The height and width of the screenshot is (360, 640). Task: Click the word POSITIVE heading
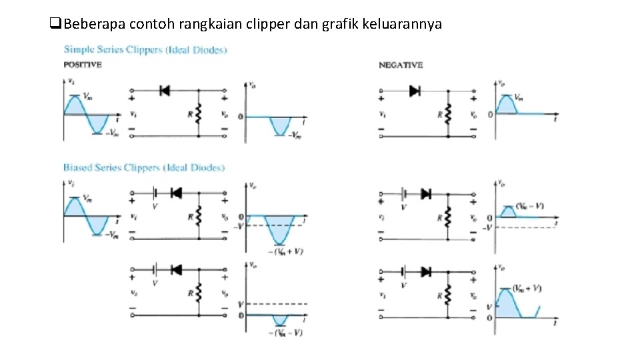click(82, 65)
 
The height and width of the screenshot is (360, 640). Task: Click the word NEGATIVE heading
click(401, 65)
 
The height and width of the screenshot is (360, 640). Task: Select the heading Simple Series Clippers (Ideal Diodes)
click(145, 49)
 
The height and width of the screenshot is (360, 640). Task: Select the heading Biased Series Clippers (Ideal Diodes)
click(144, 167)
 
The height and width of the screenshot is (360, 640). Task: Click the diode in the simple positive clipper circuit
click(165, 91)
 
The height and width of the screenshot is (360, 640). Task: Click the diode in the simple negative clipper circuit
click(414, 91)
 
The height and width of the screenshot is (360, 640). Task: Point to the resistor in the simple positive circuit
click(199, 114)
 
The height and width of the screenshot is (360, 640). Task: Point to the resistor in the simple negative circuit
click(448, 114)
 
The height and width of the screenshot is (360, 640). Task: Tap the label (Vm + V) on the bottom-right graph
click(527, 288)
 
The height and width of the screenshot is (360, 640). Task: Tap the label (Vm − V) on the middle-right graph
click(530, 206)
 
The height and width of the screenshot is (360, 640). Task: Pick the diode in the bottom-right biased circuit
click(425, 271)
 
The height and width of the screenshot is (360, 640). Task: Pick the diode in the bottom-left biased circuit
click(177, 270)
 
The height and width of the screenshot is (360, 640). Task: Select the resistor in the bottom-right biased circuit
click(448, 294)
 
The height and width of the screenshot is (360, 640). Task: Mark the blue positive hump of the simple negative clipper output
click(507, 105)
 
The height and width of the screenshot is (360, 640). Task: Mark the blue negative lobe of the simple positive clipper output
click(279, 125)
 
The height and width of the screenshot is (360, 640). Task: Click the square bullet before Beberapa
click(55, 25)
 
